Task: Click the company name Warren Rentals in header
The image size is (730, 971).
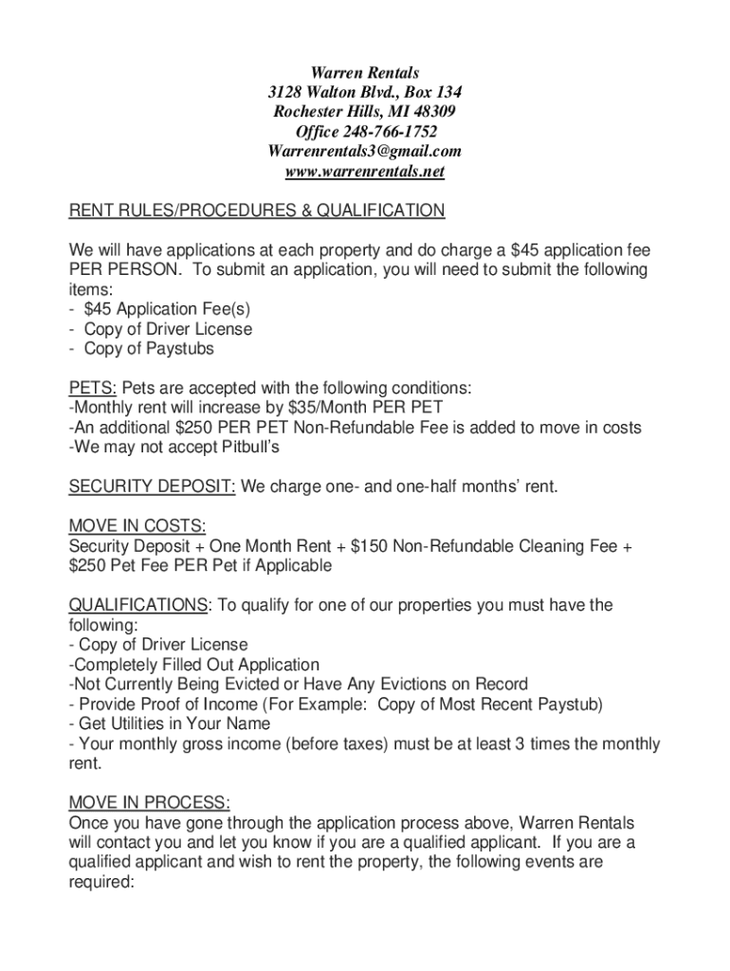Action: tap(365, 73)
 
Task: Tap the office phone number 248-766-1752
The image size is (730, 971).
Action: tap(392, 133)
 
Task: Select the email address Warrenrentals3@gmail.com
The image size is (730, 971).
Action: tap(365, 152)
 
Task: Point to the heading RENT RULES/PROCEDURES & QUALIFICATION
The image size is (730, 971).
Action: tap(257, 211)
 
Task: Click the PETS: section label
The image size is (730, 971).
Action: tap(93, 389)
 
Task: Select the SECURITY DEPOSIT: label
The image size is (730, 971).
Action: tap(153, 487)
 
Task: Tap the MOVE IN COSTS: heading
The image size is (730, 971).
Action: tap(137, 526)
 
